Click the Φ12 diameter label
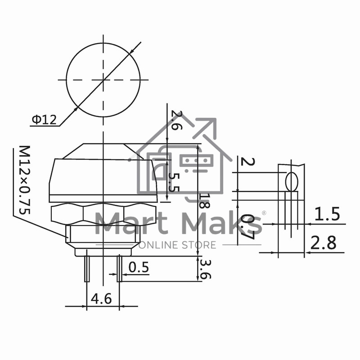[x=44, y=119]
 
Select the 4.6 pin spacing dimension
[x=102, y=298]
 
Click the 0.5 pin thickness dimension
[x=138, y=267]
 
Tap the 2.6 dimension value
[x=177, y=120]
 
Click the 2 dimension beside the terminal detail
[x=245, y=162]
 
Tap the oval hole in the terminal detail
[x=291, y=183]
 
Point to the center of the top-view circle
[x=103, y=80]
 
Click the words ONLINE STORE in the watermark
[x=178, y=245]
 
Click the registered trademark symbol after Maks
[x=264, y=212]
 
